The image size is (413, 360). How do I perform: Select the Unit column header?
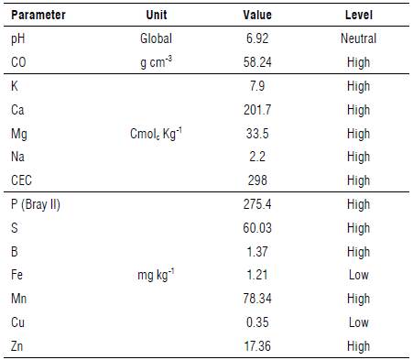pos(157,16)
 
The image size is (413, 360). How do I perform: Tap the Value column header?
pos(257,16)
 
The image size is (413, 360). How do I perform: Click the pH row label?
pos(19,39)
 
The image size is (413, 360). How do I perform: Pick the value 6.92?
pos(257,39)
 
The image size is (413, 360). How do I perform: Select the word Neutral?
pos(357,39)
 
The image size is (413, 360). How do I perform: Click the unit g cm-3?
pos(157,62)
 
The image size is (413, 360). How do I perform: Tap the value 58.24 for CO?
pos(257,62)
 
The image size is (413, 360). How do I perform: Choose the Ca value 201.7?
pos(257,109)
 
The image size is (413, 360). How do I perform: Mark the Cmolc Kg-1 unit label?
pos(157,133)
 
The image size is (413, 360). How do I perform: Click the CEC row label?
pos(22,180)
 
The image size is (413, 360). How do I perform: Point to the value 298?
pos(257,180)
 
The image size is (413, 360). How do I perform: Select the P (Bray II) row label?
pos(36,204)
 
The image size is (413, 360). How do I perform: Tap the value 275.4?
pos(257,204)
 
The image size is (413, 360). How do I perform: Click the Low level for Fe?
pos(357,275)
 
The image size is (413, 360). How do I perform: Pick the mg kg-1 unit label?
pos(157,274)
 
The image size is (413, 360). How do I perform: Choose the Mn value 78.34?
pos(257,299)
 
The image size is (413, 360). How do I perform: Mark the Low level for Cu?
pos(357,322)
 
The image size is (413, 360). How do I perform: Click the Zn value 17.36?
pos(257,346)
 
